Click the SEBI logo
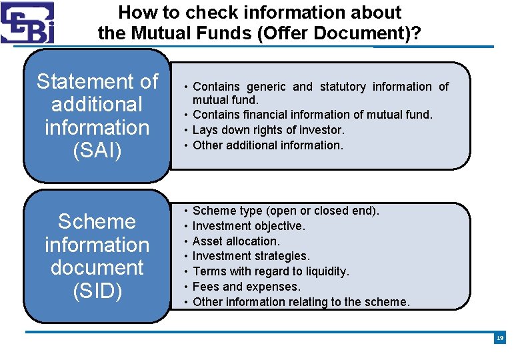click(27, 22)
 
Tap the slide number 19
click(500, 339)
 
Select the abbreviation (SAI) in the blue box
click(97, 150)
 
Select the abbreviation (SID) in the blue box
click(97, 291)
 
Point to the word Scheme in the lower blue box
click(97, 221)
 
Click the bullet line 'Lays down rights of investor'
click(268, 130)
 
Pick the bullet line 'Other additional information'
click(267, 145)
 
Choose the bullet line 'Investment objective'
click(249, 226)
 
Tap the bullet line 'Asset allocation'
click(236, 241)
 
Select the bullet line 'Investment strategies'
click(251, 256)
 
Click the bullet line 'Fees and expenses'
click(247, 287)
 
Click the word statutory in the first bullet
click(343, 87)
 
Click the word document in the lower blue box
click(97, 267)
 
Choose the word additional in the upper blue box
click(97, 105)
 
